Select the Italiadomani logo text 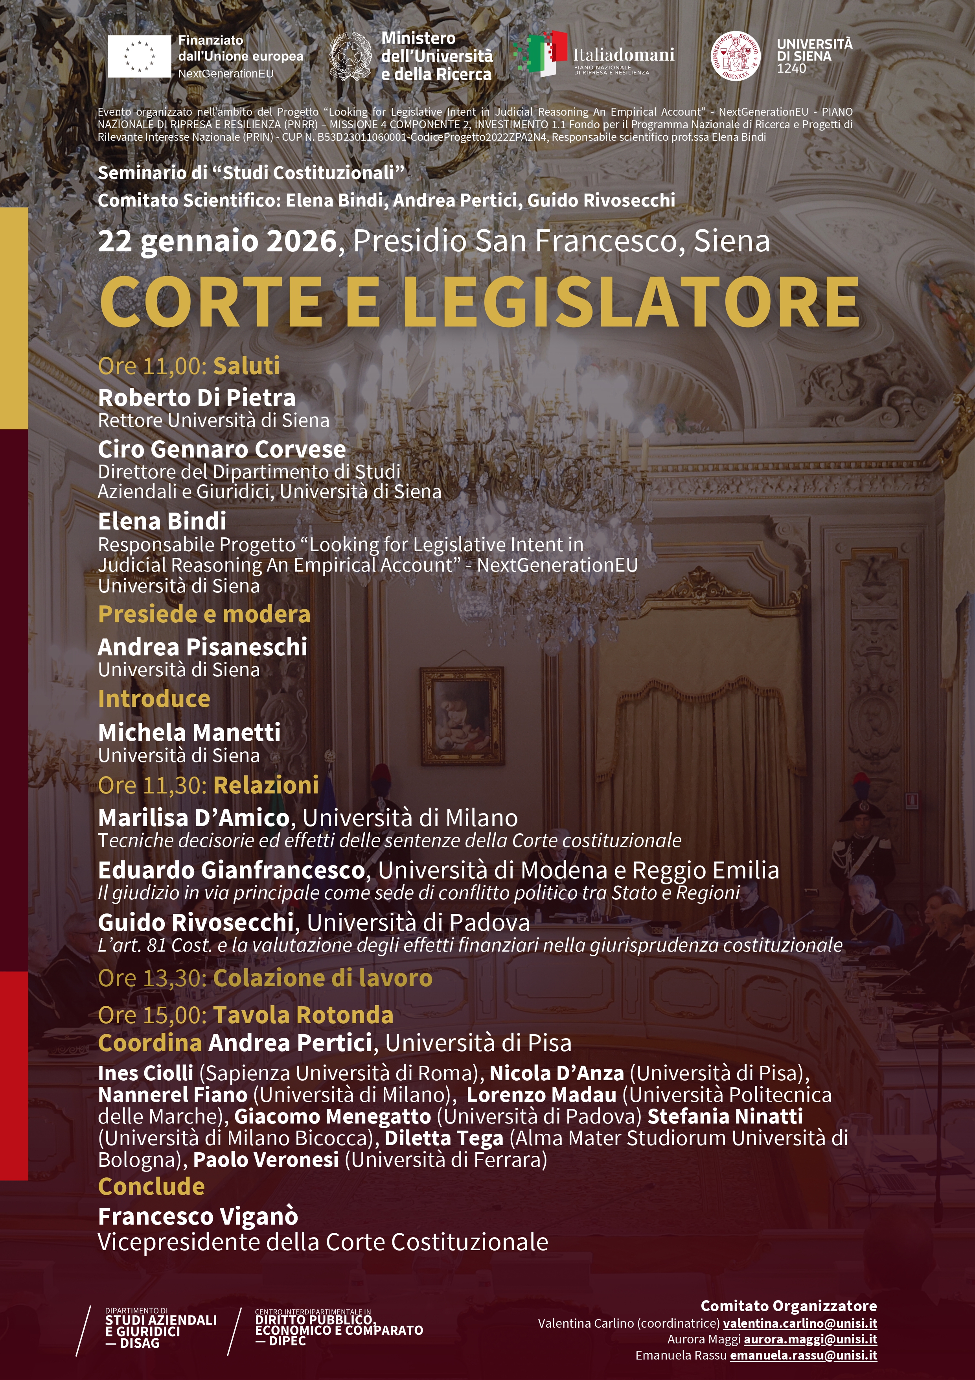pos(623,55)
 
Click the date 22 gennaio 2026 pos(217,241)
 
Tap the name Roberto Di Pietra pos(197,397)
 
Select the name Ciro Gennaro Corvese pos(222,449)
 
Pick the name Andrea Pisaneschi pos(202,647)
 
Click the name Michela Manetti pos(189,732)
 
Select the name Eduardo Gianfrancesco pos(231,870)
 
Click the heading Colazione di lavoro pos(323,978)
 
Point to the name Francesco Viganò pos(198,1216)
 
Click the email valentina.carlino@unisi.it pos(800,1323)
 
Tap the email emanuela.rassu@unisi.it pos(803,1355)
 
